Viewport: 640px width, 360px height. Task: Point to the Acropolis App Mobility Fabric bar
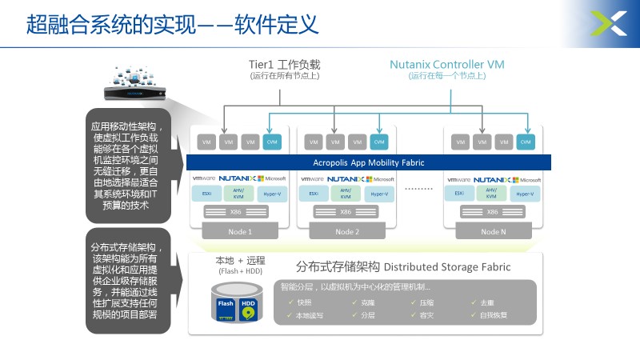369,162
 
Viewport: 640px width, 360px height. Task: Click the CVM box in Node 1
271,142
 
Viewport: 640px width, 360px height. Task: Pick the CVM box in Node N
525,142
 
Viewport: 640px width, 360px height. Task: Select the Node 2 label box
346,231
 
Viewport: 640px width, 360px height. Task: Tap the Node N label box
493,231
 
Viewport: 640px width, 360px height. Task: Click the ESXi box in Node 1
206,194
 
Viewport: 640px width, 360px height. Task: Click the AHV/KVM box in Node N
492,194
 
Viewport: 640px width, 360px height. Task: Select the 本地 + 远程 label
240,262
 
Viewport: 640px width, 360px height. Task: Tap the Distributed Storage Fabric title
403,266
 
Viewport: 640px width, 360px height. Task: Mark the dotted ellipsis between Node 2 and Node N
419,189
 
